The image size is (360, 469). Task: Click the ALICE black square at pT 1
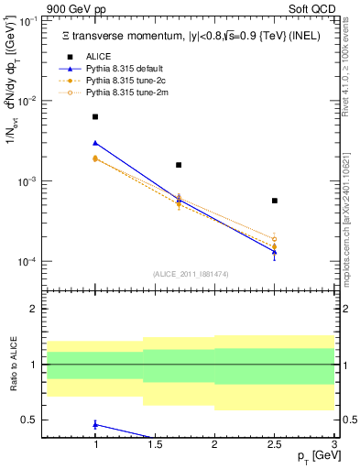click(x=95, y=117)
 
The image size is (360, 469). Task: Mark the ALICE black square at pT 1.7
click(x=179, y=165)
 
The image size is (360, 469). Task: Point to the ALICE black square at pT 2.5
click(x=274, y=201)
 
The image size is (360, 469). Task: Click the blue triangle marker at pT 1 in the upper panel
click(x=95, y=143)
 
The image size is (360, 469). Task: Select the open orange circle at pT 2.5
click(x=274, y=239)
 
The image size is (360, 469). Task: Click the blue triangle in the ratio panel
click(x=95, y=424)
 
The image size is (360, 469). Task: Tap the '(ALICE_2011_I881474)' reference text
click(x=191, y=274)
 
